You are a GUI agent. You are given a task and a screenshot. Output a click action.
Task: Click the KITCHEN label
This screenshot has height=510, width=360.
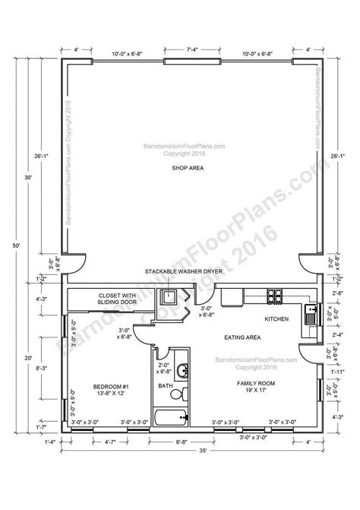[x=276, y=319]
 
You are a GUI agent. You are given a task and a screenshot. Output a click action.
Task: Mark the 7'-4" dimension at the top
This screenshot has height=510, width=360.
[x=191, y=51]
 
